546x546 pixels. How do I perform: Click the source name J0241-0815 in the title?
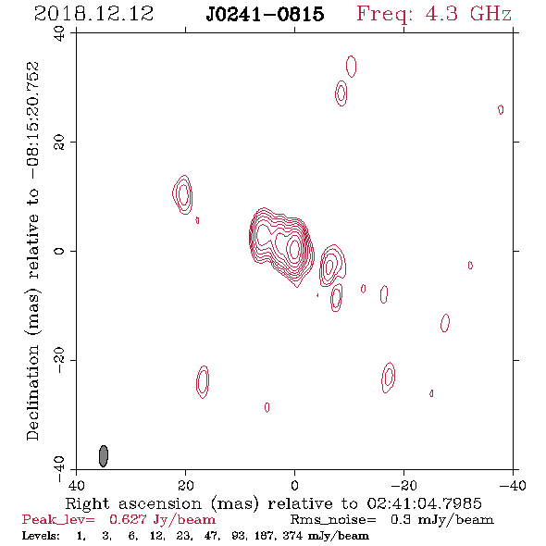[265, 14]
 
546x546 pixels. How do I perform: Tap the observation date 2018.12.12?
[93, 14]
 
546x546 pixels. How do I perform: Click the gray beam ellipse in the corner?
[104, 456]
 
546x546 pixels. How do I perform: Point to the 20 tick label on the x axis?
[185, 485]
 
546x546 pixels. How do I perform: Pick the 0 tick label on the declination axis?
[59, 251]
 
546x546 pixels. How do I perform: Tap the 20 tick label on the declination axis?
[59, 143]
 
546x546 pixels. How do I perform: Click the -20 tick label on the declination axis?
[59, 360]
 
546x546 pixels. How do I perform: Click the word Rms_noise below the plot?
[333, 520]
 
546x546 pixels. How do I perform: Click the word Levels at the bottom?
[41, 535]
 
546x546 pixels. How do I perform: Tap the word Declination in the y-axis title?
[32, 392]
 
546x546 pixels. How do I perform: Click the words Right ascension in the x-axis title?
[133, 503]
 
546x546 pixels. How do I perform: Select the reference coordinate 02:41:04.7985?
[425, 503]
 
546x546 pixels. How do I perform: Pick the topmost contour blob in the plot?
[351, 66]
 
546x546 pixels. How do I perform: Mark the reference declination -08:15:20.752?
[32, 120]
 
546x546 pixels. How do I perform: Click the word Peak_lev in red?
[58, 520]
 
